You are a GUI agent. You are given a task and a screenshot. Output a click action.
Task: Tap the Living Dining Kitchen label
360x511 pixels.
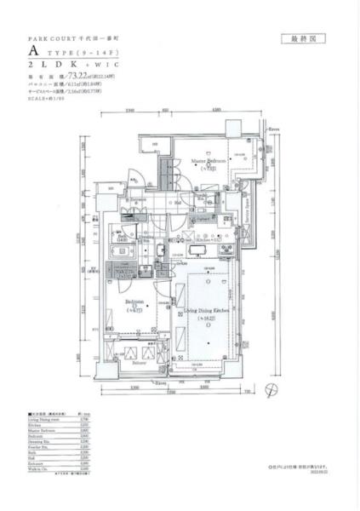[207, 314]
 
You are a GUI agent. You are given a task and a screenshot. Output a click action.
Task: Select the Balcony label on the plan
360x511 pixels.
[139, 363]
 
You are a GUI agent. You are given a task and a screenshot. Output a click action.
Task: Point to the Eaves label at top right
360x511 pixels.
[273, 131]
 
